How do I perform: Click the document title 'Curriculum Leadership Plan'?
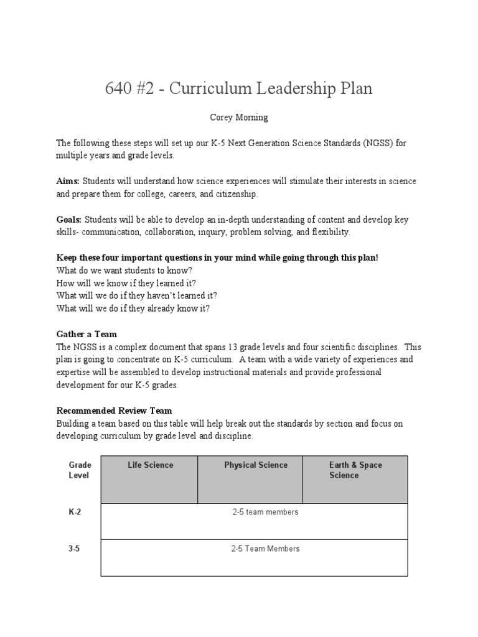(x=239, y=89)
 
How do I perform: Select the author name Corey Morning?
(x=239, y=117)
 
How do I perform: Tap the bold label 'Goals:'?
(x=69, y=220)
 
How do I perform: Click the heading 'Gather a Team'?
(x=87, y=334)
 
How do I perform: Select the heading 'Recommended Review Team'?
(x=114, y=411)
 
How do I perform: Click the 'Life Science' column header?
(x=150, y=465)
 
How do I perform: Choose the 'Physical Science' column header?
(x=256, y=465)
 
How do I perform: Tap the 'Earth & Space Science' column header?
(x=355, y=470)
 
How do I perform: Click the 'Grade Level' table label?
(x=80, y=470)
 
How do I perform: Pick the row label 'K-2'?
(x=75, y=512)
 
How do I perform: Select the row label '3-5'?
(x=75, y=549)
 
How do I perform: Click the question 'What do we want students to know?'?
(x=124, y=271)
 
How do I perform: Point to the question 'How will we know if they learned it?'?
(x=130, y=283)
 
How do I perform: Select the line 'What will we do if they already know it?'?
(x=133, y=308)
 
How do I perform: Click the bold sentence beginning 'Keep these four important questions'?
(x=217, y=258)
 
